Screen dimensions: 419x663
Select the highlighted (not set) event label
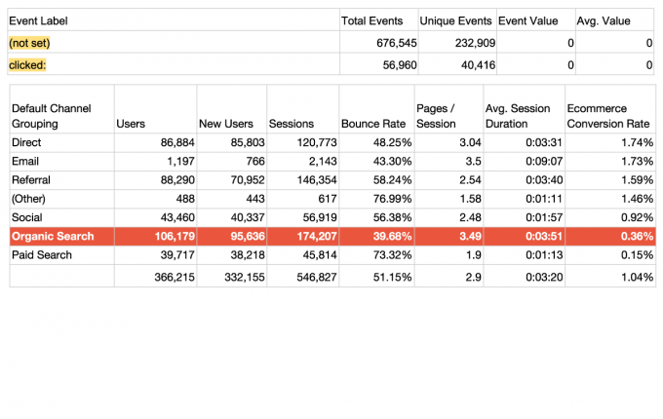point(29,43)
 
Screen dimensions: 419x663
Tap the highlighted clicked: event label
point(28,65)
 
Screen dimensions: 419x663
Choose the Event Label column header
point(39,20)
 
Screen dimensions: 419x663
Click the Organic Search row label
point(53,236)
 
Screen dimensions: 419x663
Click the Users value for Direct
point(172,142)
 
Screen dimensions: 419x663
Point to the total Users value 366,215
point(170,278)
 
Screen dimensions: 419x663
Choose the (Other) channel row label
point(29,199)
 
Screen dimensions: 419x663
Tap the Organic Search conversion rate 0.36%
point(636,236)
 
